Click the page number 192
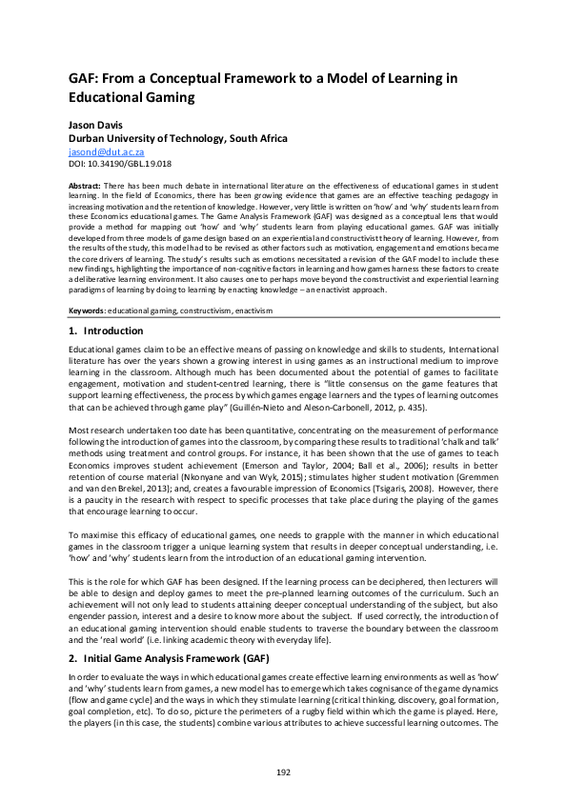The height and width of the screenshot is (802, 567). (x=283, y=772)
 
